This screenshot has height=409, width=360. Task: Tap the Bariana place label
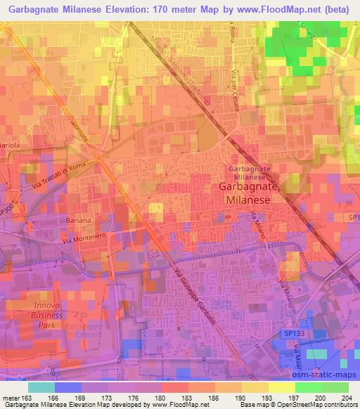pyautogui.click(x=79, y=221)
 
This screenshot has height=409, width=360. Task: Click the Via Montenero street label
pyautogui.click(x=84, y=238)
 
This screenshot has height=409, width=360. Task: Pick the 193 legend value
pyautogui.click(x=259, y=397)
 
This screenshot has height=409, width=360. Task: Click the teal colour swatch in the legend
pyautogui.click(x=41, y=387)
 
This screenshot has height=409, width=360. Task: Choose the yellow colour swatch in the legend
pyautogui.click(x=282, y=387)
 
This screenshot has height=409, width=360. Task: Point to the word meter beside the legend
pyautogui.click(x=13, y=397)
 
